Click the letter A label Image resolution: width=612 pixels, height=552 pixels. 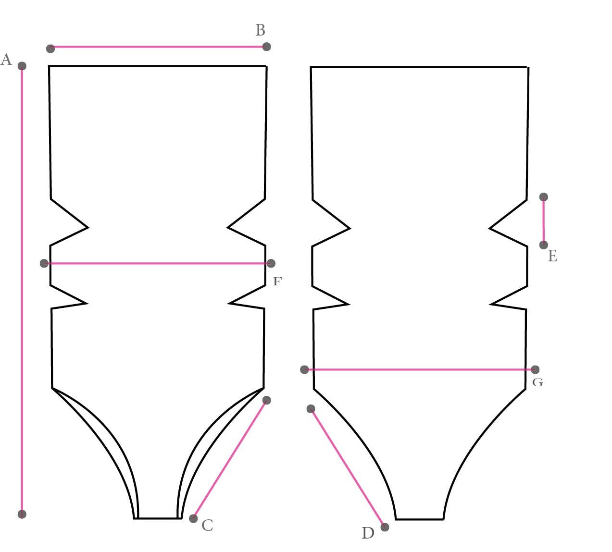pos(6,60)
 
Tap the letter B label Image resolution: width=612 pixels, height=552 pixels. pos(260,30)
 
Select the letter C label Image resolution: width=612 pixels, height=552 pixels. pos(207,526)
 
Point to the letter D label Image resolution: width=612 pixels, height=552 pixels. pos(368,533)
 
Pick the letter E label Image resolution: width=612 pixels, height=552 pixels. pos(552,257)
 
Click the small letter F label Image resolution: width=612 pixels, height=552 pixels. pos(277,282)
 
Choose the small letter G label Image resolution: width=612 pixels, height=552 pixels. pos(538,382)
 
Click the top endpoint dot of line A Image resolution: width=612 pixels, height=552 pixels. pos(22,66)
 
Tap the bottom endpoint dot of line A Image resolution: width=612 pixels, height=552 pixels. pos(22,514)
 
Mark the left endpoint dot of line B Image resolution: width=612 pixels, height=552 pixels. pos(50,48)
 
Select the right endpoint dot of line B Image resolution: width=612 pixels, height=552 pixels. pos(267,47)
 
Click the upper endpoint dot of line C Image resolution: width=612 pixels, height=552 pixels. pos(267,400)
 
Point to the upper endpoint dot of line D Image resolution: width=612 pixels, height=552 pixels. pos(311,409)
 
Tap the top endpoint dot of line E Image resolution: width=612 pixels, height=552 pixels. pos(544,197)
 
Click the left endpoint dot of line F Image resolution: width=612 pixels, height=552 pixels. pos(44,263)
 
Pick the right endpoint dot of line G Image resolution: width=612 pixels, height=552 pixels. pos(535,369)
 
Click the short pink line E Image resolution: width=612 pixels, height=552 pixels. pos(544,221)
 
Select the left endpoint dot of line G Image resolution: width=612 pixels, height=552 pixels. pos(304,369)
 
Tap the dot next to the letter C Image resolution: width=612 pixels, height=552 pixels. pos(193,518)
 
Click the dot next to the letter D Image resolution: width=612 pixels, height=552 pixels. pos(385,527)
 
